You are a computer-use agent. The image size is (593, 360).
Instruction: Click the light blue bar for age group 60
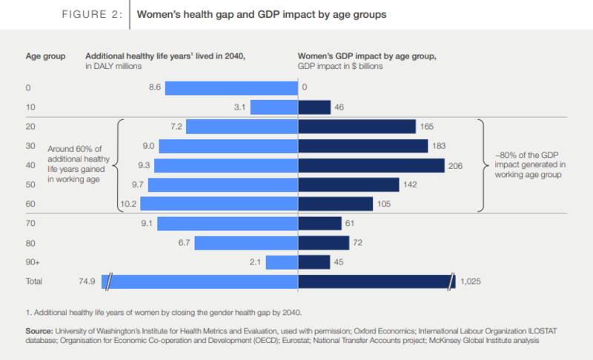219,204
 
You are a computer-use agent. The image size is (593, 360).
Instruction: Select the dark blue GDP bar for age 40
371,165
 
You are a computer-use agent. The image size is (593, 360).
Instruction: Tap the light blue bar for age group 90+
282,261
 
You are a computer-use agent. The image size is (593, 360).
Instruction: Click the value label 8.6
154,88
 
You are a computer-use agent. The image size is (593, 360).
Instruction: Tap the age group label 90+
32,261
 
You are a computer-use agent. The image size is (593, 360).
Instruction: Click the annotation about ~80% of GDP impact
528,165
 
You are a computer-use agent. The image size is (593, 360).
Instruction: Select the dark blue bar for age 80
323,242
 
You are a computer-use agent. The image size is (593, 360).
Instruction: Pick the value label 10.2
129,204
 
